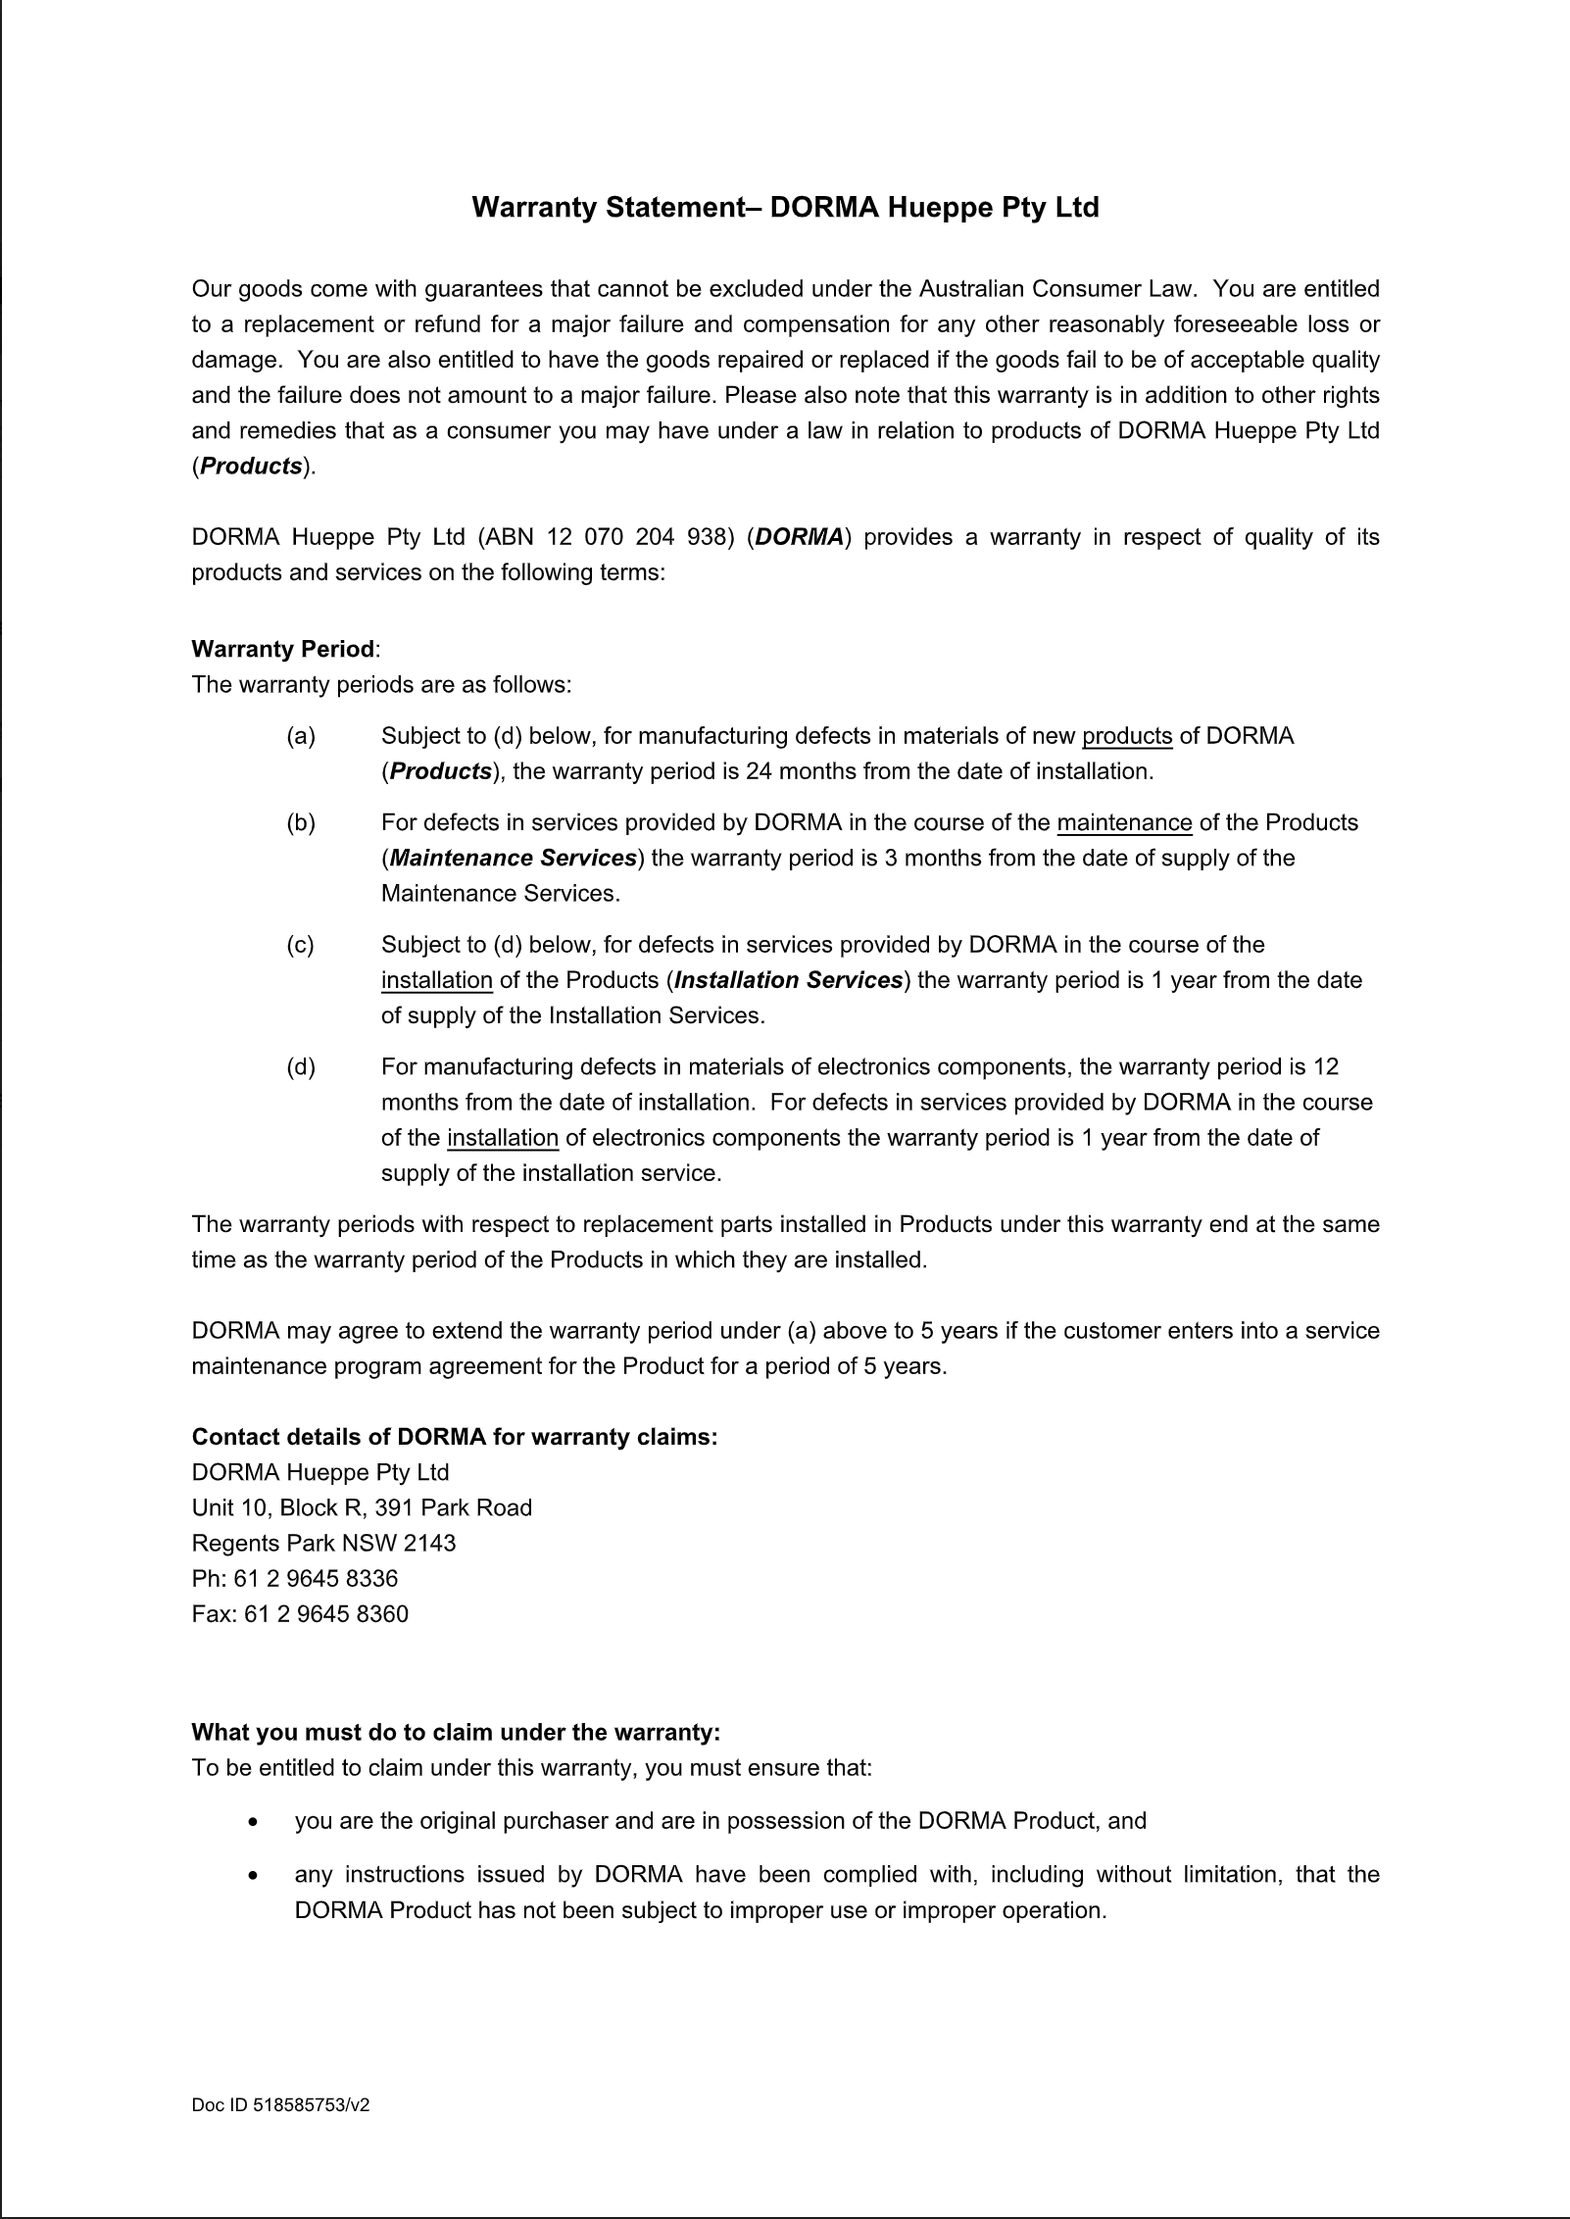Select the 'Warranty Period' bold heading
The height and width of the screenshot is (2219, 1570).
[x=283, y=649]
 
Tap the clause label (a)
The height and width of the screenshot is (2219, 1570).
[x=301, y=736]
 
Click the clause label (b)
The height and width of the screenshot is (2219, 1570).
[x=301, y=822]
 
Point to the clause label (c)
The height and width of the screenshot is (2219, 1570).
[x=301, y=945]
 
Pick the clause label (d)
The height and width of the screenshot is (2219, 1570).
[x=301, y=1066]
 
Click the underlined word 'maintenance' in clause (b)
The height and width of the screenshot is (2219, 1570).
[x=1124, y=822]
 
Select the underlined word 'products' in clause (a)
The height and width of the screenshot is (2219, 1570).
[x=1127, y=736]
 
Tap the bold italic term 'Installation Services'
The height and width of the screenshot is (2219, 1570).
[x=788, y=980]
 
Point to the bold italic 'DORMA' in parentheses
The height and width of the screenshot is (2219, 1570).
[x=800, y=537]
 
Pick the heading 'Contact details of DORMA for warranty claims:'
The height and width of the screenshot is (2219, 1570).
[x=455, y=1437]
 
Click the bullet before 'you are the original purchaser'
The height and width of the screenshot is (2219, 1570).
[x=255, y=1822]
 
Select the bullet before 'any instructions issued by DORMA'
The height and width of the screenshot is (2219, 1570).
[x=255, y=1875]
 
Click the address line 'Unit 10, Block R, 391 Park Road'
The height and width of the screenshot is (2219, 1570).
[x=362, y=1507]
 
